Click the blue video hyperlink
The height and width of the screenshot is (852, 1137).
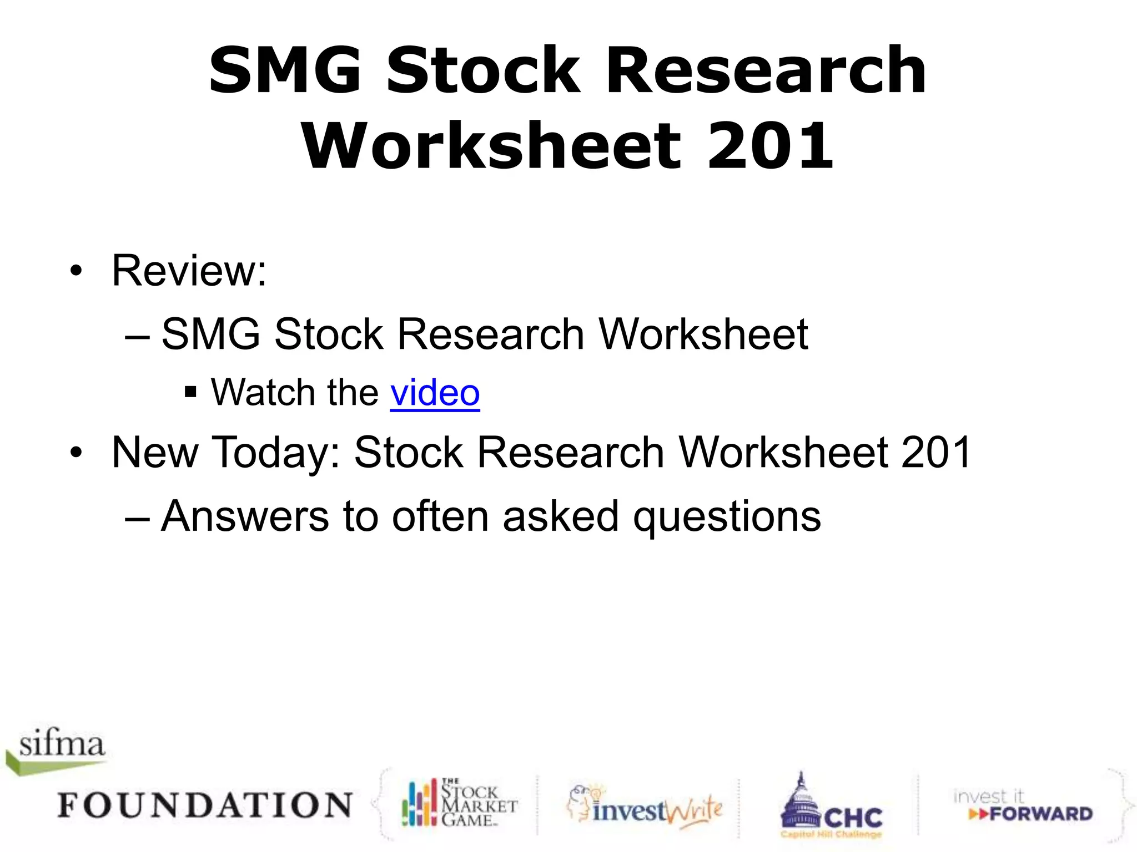(435, 393)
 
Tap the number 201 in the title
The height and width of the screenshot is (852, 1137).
(770, 146)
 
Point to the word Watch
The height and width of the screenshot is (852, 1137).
(262, 393)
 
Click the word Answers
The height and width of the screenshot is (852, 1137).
(245, 516)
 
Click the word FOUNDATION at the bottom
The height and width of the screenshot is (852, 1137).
(205, 805)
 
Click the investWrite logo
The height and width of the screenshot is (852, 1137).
(645, 809)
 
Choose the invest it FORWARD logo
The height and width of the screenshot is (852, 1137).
(1022, 806)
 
